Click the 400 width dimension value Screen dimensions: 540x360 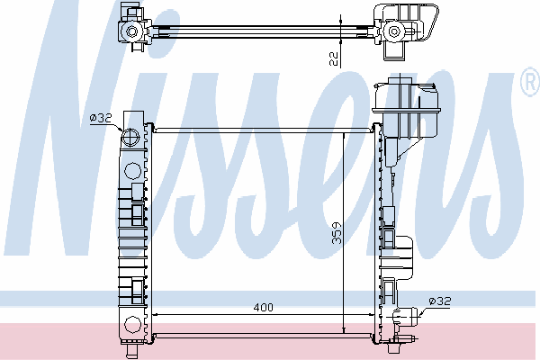pos(263,307)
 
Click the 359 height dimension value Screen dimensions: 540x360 pos(337,233)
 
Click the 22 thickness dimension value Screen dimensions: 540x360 pos(334,58)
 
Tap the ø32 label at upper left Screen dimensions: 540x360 pos(101,118)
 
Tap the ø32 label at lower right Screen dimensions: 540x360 pos(440,301)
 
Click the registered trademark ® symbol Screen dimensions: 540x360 pos(531,81)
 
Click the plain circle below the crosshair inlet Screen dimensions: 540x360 pos(132,171)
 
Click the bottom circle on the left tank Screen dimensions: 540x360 pos(132,325)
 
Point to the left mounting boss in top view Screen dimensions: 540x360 pos(132,31)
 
